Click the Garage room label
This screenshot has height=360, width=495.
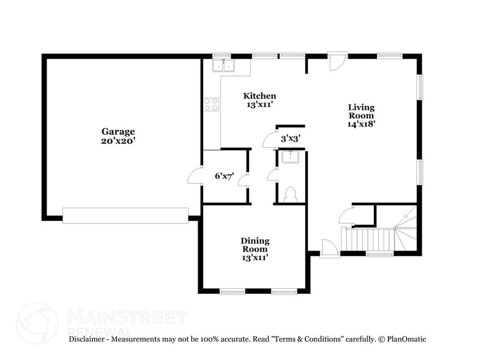point(118,131)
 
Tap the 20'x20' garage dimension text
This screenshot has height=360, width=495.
point(118,140)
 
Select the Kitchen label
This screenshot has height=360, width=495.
point(259,96)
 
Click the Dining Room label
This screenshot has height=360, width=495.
point(255,245)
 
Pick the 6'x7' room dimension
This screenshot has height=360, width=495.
point(224,176)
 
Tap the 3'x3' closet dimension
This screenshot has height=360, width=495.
point(290,139)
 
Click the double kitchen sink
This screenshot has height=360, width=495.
point(223,66)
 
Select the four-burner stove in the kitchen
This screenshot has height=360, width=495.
point(212,105)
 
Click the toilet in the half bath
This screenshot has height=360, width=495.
point(291,194)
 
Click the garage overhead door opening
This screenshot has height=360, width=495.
point(125,215)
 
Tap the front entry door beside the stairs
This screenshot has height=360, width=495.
point(329,249)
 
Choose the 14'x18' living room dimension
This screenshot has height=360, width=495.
point(361,123)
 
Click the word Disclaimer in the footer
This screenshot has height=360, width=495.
point(89,339)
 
